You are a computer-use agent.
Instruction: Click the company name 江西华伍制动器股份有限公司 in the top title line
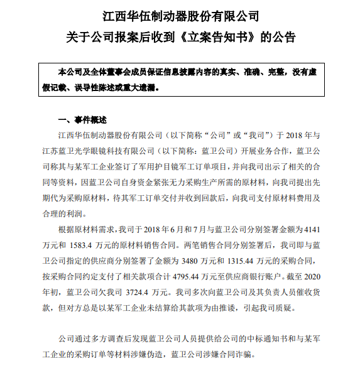coord(180,14)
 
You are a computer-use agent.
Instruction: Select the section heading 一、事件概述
coord(82,119)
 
